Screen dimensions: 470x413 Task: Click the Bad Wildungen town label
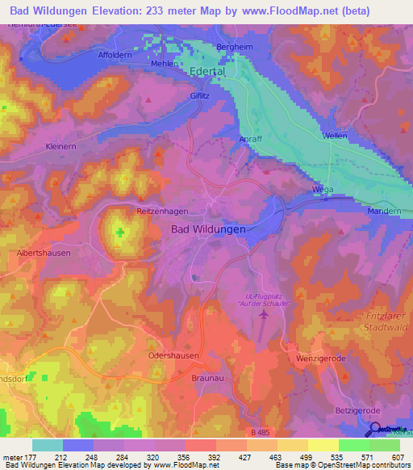(x=208, y=229)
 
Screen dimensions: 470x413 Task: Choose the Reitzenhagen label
(x=162, y=211)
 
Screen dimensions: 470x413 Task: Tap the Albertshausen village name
(x=44, y=253)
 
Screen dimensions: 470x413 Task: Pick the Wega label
(x=323, y=191)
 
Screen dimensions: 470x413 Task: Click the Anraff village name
(x=251, y=140)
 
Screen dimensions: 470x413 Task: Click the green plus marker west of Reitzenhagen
(x=120, y=233)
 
